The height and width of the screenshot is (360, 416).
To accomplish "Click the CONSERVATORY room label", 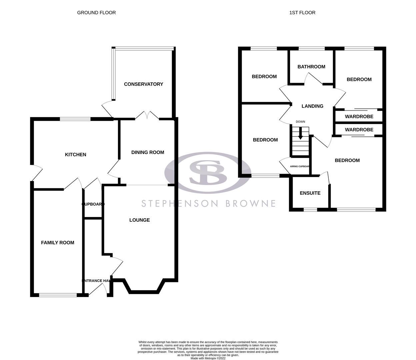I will tap(143, 84).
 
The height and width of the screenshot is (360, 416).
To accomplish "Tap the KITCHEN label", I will tap(75, 154).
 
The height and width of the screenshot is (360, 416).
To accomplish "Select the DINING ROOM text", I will tap(148, 152).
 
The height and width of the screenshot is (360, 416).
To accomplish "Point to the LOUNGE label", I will tap(139, 220).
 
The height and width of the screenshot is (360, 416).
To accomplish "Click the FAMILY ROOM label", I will tap(57, 243).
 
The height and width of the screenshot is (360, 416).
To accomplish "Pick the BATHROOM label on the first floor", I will tap(311, 67).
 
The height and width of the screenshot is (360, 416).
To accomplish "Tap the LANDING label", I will tap(312, 106).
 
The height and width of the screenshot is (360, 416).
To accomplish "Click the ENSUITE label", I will tap(310, 193).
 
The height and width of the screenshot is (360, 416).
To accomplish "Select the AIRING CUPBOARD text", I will tap(300, 166).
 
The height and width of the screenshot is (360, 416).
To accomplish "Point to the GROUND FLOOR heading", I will tap(96, 13).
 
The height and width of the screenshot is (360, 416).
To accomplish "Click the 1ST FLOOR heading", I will tap(302, 13).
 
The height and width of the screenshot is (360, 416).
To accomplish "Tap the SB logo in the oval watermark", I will tap(208, 172).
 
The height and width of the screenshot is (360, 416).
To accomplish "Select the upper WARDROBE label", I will tap(359, 117).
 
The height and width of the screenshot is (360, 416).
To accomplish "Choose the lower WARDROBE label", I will tap(359, 130).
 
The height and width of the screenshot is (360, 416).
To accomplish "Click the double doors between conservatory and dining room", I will tap(147, 116).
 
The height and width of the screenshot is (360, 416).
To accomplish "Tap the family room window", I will tap(58, 295).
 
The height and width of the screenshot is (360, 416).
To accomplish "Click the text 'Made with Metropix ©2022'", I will tap(208, 358).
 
